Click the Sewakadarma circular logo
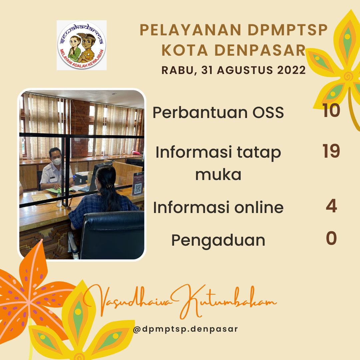pyautogui.click(x=82, y=45)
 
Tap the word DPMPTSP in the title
pyautogui.click(x=288, y=30)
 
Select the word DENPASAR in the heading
pyautogui.click(x=260, y=50)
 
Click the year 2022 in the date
pyautogui.click(x=291, y=70)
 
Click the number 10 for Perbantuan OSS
pyautogui.click(x=331, y=110)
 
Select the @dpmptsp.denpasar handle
pyautogui.click(x=185, y=329)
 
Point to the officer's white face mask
pyautogui.click(x=57, y=161)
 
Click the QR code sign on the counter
pyautogui.click(x=138, y=183)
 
